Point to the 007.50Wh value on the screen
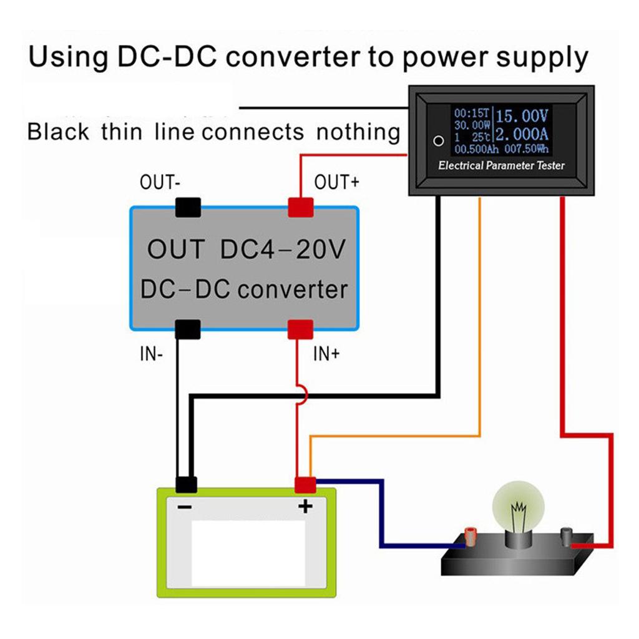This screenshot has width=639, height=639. coord(528,150)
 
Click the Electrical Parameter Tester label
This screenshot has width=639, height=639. coord(501,166)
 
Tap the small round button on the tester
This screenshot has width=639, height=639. coord(439,140)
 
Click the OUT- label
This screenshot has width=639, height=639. coord(160,183)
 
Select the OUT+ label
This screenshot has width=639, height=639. coord(337,183)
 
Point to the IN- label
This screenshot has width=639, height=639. coord(151,354)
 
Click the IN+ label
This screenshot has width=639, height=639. coord(326,354)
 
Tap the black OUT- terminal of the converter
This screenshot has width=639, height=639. coord(188,207)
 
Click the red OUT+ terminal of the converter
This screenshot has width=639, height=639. coord(300,207)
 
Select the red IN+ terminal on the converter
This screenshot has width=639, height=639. coord(300,329)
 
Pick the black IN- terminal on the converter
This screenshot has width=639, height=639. coord(187,329)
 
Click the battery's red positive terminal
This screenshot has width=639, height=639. coord(305,484)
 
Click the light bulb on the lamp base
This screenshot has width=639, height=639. coord(517,509)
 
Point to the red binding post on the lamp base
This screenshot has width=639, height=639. coord(471,535)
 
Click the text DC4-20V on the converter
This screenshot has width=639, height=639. coord(282,250)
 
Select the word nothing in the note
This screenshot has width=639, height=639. coord(358,132)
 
